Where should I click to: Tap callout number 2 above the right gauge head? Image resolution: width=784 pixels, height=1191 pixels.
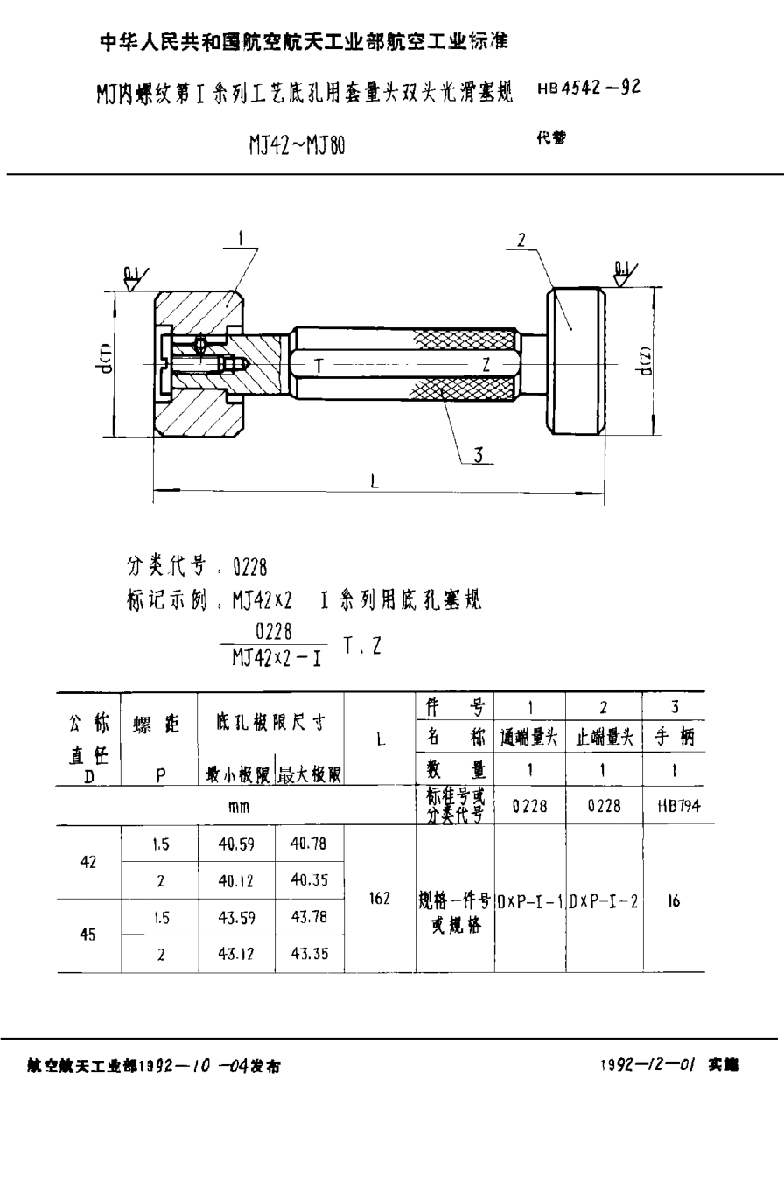520,239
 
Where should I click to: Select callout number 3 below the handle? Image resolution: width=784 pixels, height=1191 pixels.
478,454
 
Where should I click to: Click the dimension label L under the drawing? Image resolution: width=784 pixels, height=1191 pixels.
374,481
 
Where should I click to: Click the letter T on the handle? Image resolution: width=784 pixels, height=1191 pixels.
318,366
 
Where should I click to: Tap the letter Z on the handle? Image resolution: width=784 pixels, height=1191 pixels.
484,366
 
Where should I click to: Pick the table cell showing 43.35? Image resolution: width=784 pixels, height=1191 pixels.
309,954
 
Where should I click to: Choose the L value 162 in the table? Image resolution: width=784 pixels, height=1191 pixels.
379,899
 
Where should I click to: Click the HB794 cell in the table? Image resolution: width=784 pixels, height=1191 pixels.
673,806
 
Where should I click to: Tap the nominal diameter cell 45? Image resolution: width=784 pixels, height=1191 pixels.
88,935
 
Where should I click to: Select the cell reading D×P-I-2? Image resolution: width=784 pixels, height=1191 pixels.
604,900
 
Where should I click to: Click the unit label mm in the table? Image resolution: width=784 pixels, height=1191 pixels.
238,806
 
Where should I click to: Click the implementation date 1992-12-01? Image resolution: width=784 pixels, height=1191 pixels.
647,1066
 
